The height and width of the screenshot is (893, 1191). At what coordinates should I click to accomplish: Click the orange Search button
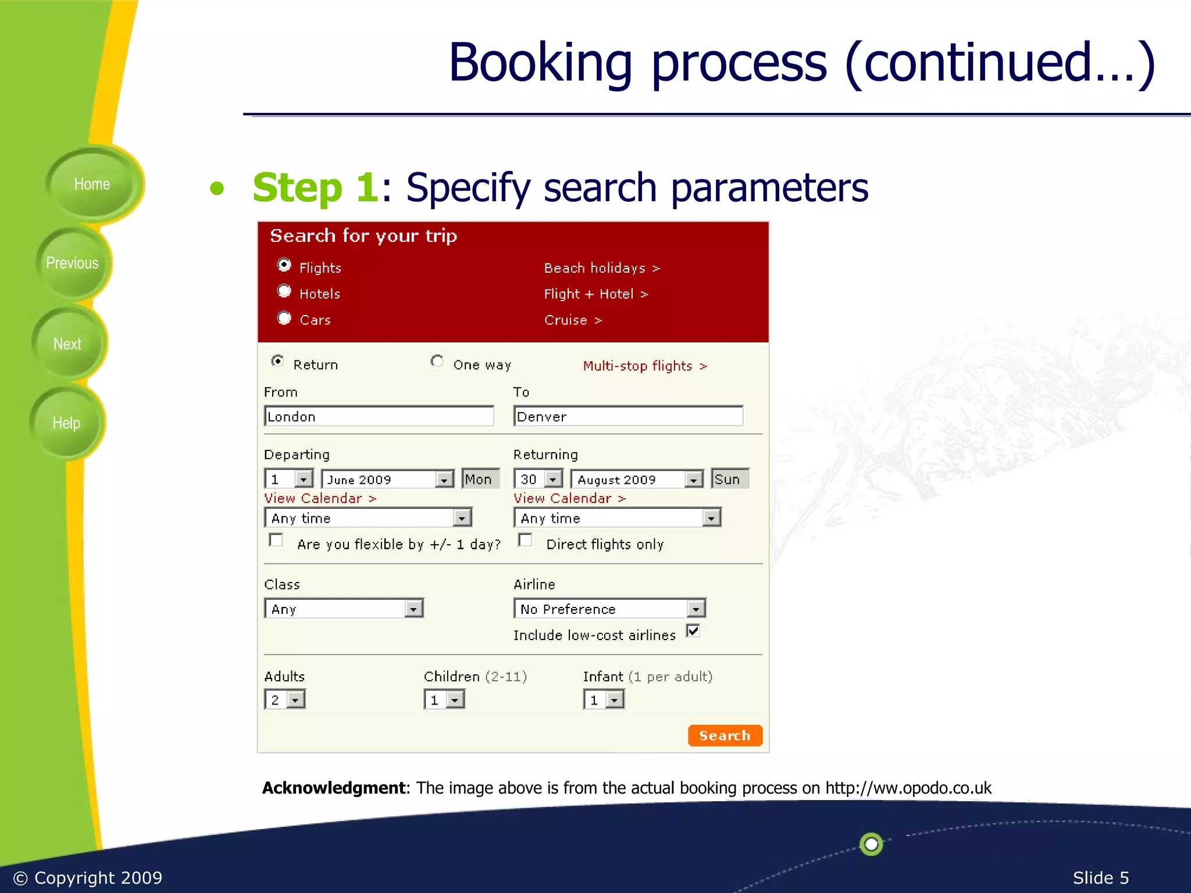tap(725, 735)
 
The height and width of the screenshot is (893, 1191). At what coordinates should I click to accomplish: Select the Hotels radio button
tap(284, 291)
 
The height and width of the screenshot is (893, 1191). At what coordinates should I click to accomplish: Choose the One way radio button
tap(437, 362)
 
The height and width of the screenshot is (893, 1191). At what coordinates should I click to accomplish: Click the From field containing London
tap(379, 416)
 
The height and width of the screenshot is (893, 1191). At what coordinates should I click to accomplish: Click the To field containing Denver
tap(628, 416)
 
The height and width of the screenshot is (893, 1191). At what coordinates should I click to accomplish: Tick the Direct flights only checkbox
tap(525, 540)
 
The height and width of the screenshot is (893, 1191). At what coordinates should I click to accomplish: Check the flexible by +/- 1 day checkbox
tap(276, 540)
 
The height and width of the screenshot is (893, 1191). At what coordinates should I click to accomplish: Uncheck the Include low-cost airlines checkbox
tap(693, 631)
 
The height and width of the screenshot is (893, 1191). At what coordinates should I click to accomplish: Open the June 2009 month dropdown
tap(444, 480)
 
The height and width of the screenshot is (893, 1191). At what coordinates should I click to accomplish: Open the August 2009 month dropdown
tap(693, 480)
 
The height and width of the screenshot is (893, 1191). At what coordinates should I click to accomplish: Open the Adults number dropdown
tap(295, 699)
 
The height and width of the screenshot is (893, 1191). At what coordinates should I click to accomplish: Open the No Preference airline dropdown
tap(696, 609)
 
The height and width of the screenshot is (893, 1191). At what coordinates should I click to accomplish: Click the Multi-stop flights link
tap(644, 366)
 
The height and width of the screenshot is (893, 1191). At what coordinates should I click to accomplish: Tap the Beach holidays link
tap(601, 268)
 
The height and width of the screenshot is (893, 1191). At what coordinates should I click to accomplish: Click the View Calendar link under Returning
tap(569, 498)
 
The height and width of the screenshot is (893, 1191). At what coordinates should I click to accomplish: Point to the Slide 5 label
tap(1100, 877)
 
